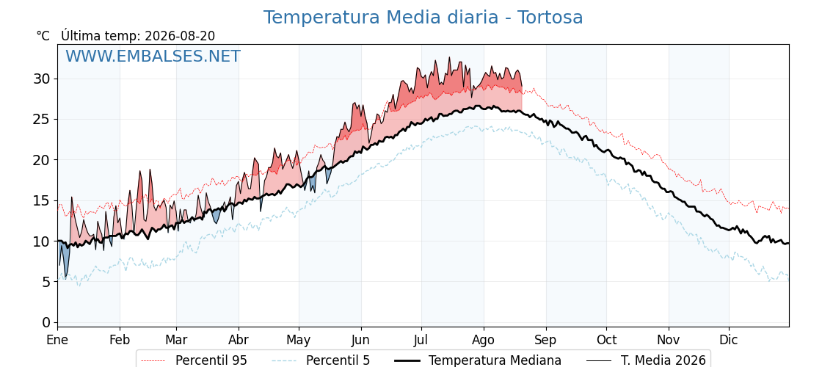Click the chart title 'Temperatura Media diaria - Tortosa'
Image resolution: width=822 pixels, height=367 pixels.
[x=423, y=18]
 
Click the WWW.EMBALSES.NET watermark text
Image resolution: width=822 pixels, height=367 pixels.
[x=153, y=56]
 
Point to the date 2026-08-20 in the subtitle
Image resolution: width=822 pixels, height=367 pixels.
[x=180, y=36]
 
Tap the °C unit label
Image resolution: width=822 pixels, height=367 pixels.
[x=43, y=36]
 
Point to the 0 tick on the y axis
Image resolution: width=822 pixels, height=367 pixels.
[x=47, y=322]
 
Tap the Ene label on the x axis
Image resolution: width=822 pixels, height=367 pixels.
[x=57, y=340]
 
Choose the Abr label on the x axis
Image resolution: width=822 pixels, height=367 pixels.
[x=239, y=340]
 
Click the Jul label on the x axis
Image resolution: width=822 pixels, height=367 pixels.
[x=421, y=340]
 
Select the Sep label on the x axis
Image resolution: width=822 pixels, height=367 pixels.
[x=546, y=341]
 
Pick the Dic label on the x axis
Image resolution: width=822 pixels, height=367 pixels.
[x=729, y=340]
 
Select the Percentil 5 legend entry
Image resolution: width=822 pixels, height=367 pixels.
[x=320, y=360]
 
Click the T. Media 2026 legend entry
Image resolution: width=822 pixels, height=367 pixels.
[x=645, y=360]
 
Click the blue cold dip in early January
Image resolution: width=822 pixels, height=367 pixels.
[x=63, y=256]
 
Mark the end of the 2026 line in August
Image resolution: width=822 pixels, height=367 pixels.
[x=522, y=86]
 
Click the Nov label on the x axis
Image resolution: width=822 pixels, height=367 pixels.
[x=669, y=340]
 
